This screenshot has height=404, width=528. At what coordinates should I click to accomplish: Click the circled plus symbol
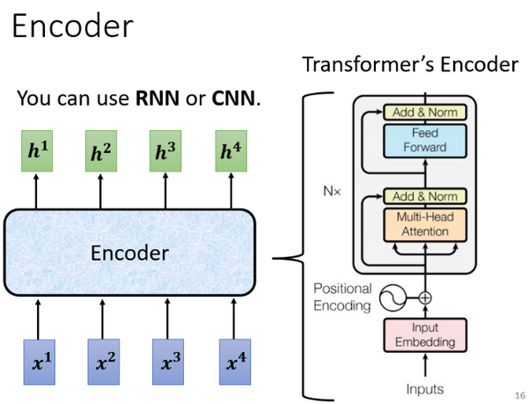pyautogui.click(x=425, y=298)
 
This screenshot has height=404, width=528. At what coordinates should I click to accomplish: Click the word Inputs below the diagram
pyautogui.click(x=425, y=388)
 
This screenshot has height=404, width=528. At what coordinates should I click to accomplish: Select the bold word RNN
pyautogui.click(x=155, y=99)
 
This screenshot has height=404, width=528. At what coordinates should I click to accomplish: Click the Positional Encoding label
pyautogui.click(x=343, y=297)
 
